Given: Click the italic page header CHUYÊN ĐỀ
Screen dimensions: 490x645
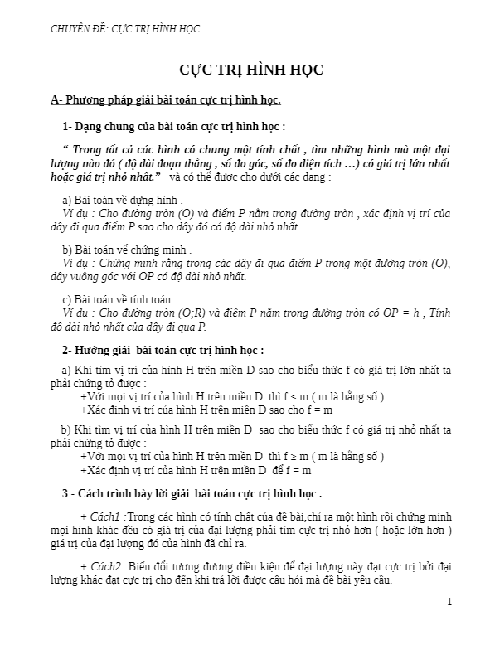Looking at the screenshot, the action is [x=124, y=29].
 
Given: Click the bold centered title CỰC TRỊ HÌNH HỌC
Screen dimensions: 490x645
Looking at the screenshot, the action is [x=251, y=70].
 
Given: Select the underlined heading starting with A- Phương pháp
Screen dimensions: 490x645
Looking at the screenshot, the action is [x=166, y=100].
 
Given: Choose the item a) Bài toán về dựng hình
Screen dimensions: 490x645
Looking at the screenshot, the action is [x=123, y=201].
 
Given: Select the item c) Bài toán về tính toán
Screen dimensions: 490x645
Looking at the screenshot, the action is [x=118, y=298].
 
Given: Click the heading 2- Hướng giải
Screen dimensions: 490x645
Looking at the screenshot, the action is [x=163, y=349].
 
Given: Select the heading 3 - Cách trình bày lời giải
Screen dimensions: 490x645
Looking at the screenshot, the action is [x=192, y=493].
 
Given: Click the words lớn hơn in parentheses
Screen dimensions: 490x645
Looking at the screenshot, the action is [x=431, y=529].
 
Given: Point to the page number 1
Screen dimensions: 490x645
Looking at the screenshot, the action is [x=449, y=601].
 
